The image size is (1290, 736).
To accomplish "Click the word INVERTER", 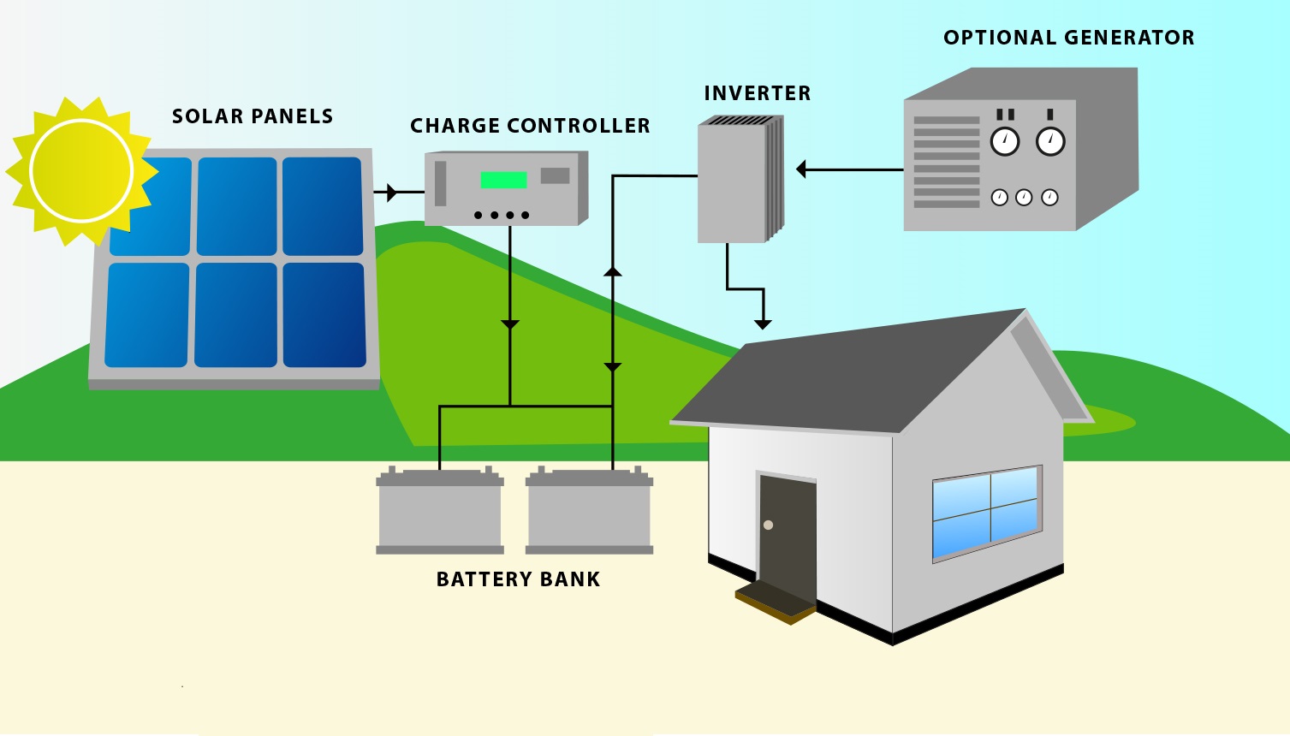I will pyautogui.click(x=757, y=93).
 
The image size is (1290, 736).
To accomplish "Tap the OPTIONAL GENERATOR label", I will pyautogui.click(x=1068, y=38).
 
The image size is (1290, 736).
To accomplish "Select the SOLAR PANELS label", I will pyautogui.click(x=253, y=116).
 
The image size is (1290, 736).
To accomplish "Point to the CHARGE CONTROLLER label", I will pyautogui.click(x=530, y=126).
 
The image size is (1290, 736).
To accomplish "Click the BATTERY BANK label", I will pyautogui.click(x=518, y=579).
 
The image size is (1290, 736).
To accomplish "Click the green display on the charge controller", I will pyautogui.click(x=503, y=180).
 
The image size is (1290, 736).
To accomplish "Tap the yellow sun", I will pyautogui.click(x=80, y=171).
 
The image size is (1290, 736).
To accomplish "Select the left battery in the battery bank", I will pyautogui.click(x=440, y=512).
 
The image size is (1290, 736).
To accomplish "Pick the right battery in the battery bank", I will pyautogui.click(x=589, y=512).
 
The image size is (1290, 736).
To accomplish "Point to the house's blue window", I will pyautogui.click(x=987, y=512).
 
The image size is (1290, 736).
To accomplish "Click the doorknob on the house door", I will pyautogui.click(x=768, y=525).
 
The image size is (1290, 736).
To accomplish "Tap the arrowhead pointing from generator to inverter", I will pyautogui.click(x=802, y=169).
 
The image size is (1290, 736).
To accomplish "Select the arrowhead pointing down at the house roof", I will pyautogui.click(x=763, y=324).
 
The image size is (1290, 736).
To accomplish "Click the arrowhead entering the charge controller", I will pyautogui.click(x=392, y=193).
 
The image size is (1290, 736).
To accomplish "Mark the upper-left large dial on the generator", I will pyautogui.click(x=1005, y=141).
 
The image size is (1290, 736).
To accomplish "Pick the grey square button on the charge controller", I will pyautogui.click(x=555, y=175).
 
